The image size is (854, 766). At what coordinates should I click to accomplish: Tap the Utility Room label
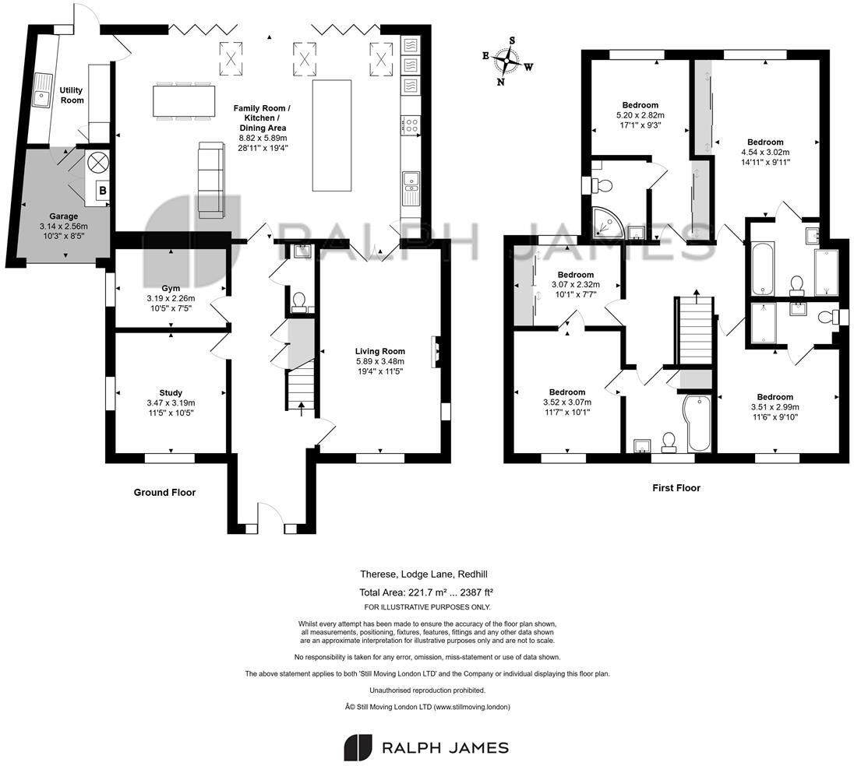[x=72, y=95]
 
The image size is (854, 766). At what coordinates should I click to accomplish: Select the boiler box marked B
[x=101, y=189]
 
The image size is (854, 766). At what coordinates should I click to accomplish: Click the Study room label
[x=170, y=392]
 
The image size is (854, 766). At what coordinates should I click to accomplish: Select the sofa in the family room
[x=211, y=179]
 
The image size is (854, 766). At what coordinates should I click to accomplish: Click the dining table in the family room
[x=184, y=100]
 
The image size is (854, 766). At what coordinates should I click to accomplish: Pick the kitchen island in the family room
[x=328, y=134]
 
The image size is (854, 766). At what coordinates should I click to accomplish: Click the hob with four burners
[x=411, y=124]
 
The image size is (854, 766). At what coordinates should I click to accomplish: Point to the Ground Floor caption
[x=164, y=492]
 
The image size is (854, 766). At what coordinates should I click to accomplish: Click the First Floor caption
[x=676, y=488]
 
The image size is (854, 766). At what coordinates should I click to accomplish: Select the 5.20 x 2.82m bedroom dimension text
[x=640, y=115]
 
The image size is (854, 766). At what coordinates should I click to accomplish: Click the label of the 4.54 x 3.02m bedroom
[x=765, y=142]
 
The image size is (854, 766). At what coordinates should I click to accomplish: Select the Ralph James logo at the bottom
[x=426, y=747]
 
